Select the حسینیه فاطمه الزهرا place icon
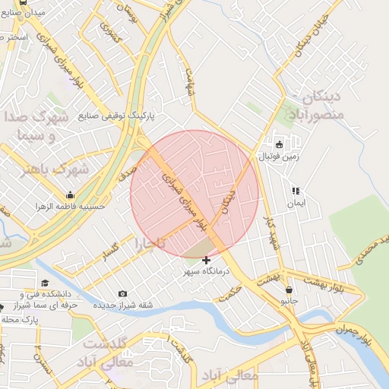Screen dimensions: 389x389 tap(71, 195)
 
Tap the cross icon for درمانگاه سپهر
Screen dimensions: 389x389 tap(206, 261)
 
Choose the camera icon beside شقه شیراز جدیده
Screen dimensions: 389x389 tap(123, 294)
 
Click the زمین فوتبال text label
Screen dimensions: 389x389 tap(280, 156)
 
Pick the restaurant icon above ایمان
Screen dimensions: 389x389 tap(295, 191)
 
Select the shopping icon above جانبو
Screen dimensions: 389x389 tap(289, 289)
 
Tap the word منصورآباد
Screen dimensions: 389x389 tap(316, 114)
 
